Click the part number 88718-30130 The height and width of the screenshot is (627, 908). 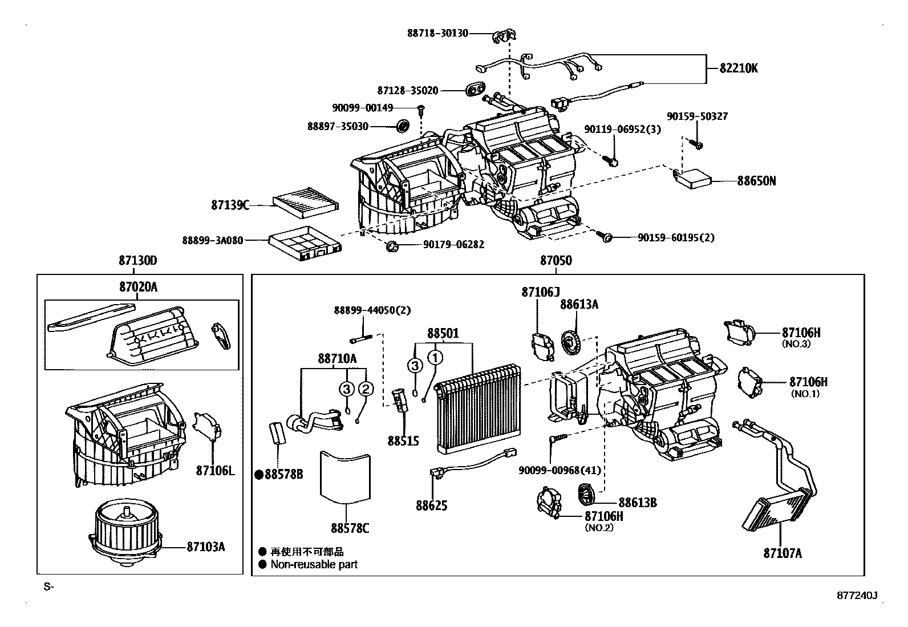(x=437, y=33)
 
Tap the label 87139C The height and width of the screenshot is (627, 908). (x=230, y=205)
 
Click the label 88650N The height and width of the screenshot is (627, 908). (x=756, y=181)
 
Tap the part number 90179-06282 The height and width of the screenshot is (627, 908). (x=453, y=245)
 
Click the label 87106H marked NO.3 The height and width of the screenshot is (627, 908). (x=801, y=333)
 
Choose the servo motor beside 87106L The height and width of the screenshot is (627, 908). (x=207, y=427)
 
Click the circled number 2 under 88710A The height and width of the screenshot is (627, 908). (x=366, y=389)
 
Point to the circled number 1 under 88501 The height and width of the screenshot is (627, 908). (x=435, y=358)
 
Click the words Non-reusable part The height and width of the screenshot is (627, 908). (x=314, y=564)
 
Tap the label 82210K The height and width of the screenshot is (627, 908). (x=739, y=68)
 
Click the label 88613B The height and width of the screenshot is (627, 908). (x=638, y=503)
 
